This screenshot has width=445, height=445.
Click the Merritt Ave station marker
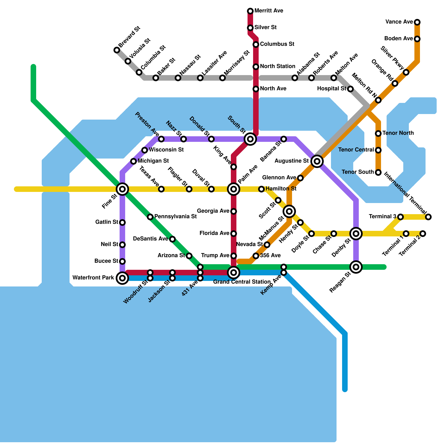click(x=250, y=11)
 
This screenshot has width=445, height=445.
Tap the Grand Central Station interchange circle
click(x=234, y=273)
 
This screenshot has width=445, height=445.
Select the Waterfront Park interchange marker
click(x=122, y=278)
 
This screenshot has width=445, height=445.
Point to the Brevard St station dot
click(x=117, y=50)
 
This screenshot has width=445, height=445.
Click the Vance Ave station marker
click(x=417, y=22)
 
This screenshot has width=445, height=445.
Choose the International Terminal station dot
click(x=429, y=217)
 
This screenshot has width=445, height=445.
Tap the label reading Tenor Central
click(x=356, y=150)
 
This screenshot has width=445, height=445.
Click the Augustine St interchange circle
click(x=317, y=161)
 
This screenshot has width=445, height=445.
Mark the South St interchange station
click(x=250, y=139)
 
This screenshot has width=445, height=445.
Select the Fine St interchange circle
click(x=122, y=189)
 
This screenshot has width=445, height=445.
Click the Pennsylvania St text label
click(x=175, y=216)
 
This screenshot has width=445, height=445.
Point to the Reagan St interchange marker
click(x=356, y=267)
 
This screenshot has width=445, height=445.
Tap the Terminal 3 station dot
click(x=400, y=217)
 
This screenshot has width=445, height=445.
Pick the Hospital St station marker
click(x=350, y=89)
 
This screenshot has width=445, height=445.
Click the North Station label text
click(x=278, y=66)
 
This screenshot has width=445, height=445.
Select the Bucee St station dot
click(x=122, y=261)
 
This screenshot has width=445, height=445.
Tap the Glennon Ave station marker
click(x=300, y=178)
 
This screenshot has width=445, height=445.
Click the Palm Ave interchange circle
click(x=234, y=189)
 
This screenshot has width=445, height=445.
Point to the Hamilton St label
click(x=281, y=189)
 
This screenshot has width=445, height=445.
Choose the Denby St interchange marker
click(x=356, y=234)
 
